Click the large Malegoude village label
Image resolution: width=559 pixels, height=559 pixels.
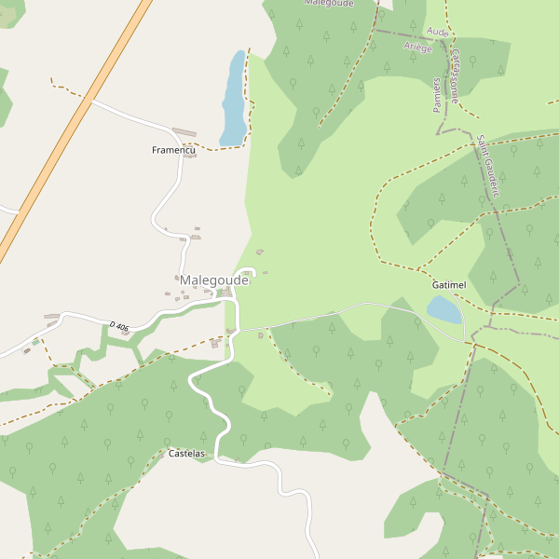[x=213, y=279]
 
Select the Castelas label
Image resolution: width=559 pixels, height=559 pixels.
[x=186, y=454]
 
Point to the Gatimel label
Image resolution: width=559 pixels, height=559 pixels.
[x=448, y=283]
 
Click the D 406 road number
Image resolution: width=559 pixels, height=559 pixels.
[x=118, y=325]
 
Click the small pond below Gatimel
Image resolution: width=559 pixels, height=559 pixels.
[x=444, y=309]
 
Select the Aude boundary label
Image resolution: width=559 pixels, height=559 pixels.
[x=437, y=32]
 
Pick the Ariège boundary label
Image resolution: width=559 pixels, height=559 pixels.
[x=418, y=47]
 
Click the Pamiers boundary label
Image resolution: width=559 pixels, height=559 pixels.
[x=437, y=95]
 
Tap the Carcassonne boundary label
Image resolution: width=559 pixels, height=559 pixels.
[x=456, y=75]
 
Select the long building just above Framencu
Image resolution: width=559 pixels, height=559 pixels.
[x=185, y=132]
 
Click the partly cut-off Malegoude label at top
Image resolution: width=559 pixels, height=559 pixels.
[x=329, y=4]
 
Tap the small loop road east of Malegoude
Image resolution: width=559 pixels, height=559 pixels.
[x=247, y=274]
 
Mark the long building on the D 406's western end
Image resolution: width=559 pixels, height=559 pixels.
[x=51, y=317]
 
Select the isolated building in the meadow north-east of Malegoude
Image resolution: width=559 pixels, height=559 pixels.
[x=259, y=252]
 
